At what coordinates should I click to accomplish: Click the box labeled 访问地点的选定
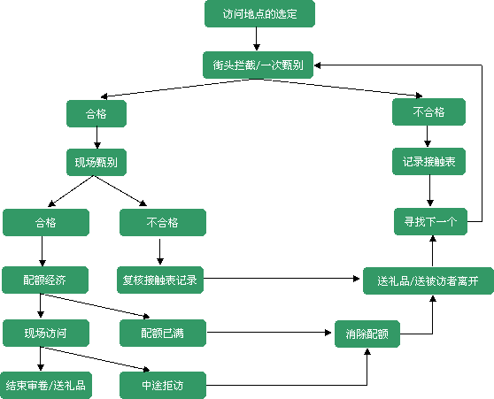point(259,13)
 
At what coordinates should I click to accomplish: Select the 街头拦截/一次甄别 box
point(258,65)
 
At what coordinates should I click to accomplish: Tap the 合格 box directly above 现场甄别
point(96,114)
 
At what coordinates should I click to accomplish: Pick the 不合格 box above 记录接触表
point(428,111)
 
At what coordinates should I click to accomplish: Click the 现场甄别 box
point(96,162)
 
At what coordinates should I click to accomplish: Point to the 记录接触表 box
point(428,161)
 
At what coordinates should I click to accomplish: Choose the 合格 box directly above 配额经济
point(46,222)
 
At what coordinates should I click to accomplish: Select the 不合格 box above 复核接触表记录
point(163,222)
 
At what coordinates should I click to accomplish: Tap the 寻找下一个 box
point(430,221)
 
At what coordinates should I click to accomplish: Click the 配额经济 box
point(45,280)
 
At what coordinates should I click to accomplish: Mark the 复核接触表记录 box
point(160,280)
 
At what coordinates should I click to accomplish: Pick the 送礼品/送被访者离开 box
point(428,281)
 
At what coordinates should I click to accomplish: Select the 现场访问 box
point(46,334)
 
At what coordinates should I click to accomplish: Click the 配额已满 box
point(163,334)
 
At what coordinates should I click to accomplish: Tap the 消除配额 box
point(367,334)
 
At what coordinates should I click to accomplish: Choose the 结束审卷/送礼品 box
point(46,385)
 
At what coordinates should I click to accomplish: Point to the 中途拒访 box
point(163,385)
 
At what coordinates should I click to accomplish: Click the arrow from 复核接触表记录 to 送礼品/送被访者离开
point(282,279)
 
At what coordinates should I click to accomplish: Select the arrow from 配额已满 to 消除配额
point(269,333)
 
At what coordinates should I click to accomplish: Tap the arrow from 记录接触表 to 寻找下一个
point(430,190)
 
